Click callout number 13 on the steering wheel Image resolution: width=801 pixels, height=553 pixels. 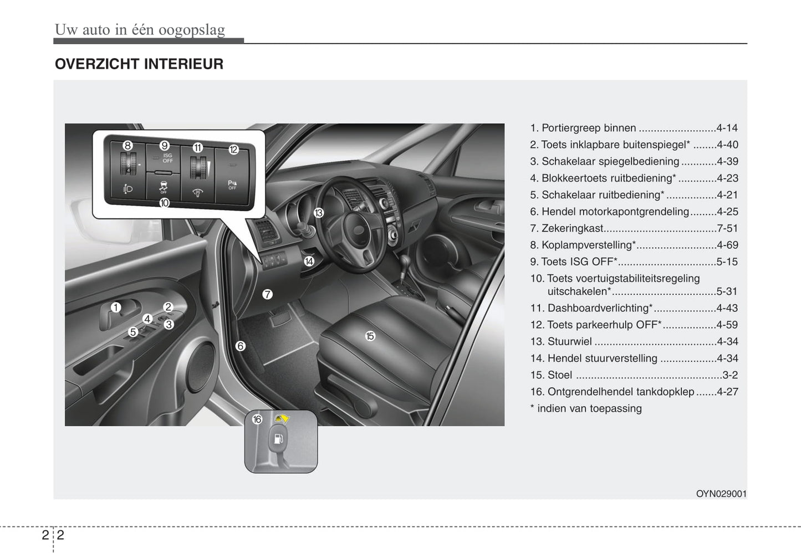tap(318, 213)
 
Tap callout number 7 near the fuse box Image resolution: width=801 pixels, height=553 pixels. tap(268, 294)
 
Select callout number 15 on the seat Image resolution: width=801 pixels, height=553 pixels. tap(370, 336)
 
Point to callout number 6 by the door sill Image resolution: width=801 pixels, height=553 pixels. tap(241, 346)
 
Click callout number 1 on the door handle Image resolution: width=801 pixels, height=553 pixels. tap(115, 308)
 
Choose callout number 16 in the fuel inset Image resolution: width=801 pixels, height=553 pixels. tap(257, 419)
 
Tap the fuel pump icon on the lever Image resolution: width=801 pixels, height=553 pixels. tap(279, 438)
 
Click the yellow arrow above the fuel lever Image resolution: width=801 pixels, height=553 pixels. tap(282, 418)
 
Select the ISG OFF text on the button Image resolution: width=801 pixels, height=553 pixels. tap(168, 158)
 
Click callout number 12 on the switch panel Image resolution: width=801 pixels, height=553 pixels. tap(233, 150)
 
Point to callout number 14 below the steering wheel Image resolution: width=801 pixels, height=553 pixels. tap(309, 262)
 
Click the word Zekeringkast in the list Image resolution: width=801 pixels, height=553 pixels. tap(572, 228)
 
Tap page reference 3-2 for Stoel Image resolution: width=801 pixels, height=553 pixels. tap(730, 375)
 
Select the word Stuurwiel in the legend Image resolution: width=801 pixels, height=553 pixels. tap(570, 341)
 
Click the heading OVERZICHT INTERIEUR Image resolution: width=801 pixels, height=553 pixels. tap(139, 64)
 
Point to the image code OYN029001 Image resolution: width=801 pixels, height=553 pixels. tap(721, 494)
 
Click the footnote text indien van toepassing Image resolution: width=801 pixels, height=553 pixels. tap(589, 408)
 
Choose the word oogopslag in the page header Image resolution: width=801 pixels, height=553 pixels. tap(192, 30)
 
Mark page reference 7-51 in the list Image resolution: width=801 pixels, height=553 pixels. tap(727, 228)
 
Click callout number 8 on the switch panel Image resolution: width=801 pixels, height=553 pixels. tap(127, 146)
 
